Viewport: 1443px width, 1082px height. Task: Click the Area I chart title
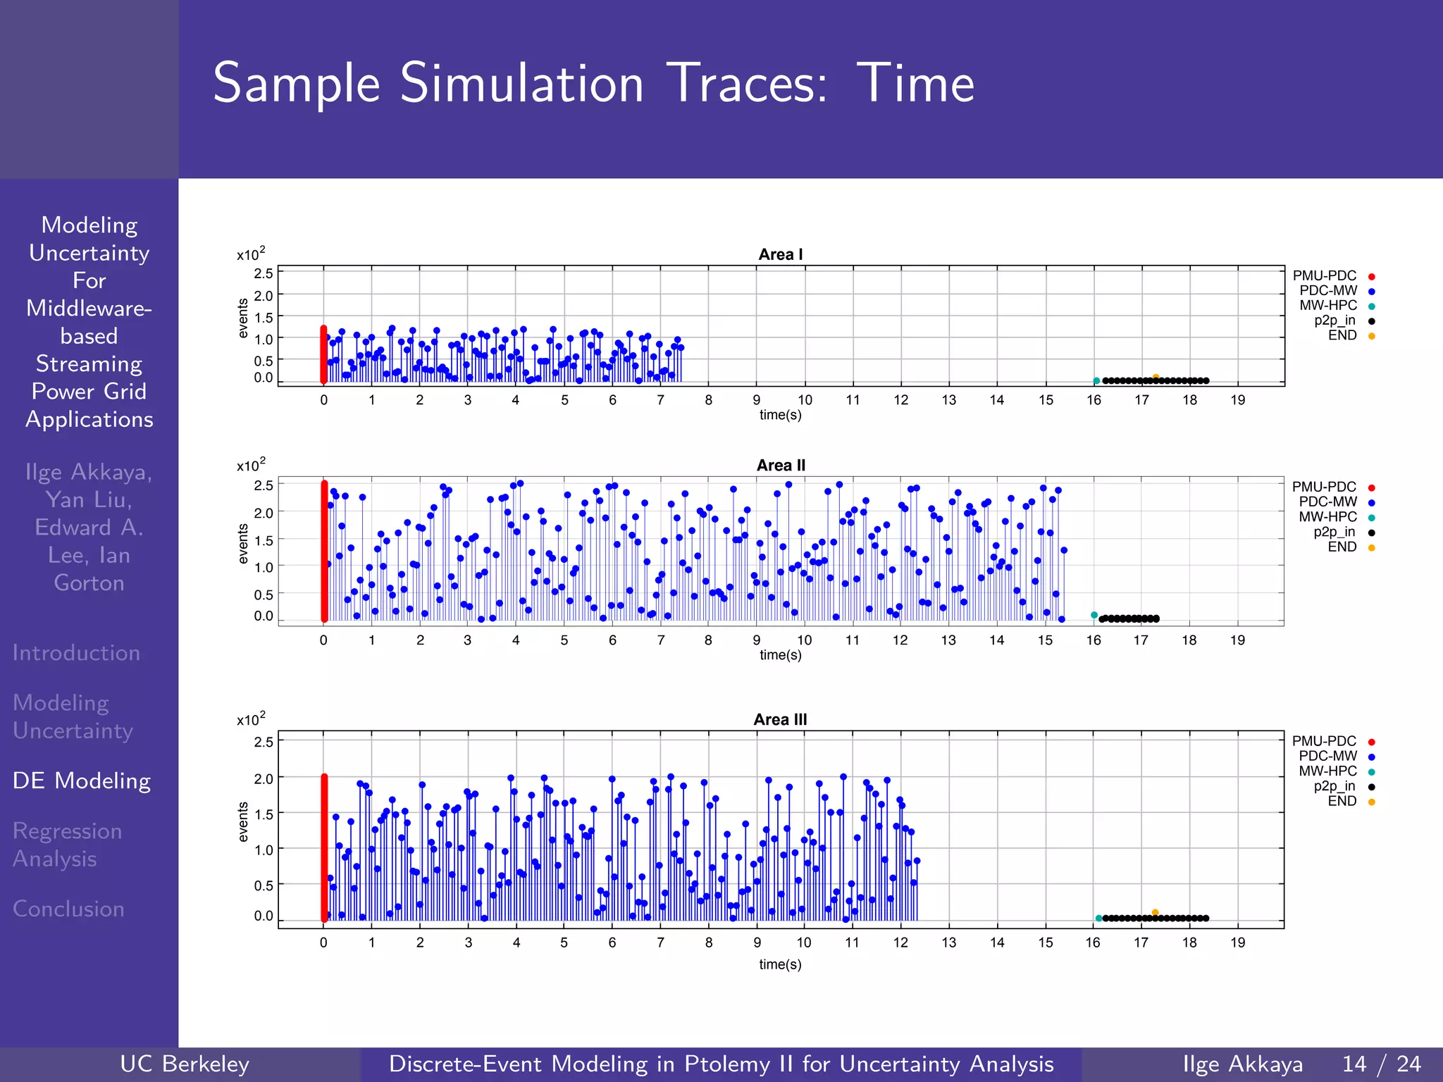click(780, 254)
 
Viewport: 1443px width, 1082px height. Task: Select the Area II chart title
click(780, 466)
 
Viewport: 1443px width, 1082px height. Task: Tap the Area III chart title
click(780, 719)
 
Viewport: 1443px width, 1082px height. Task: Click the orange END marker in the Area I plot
click(1156, 377)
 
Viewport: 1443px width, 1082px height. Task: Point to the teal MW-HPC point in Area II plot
click(1094, 615)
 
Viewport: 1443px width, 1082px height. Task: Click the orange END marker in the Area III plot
click(1155, 912)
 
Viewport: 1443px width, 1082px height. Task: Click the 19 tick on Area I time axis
click(1237, 400)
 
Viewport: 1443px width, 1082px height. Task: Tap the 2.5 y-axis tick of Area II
click(264, 485)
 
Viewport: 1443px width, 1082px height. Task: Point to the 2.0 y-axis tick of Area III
click(264, 778)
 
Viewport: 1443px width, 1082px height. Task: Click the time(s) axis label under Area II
click(780, 654)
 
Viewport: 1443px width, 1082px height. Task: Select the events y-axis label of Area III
click(244, 821)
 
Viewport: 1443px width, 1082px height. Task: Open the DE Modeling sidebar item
click(82, 781)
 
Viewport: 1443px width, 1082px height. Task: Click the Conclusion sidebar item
click(68, 909)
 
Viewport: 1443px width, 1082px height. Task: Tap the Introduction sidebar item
click(76, 652)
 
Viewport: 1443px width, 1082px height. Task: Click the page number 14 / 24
click(1381, 1064)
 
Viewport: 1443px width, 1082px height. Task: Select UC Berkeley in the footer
click(185, 1064)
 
